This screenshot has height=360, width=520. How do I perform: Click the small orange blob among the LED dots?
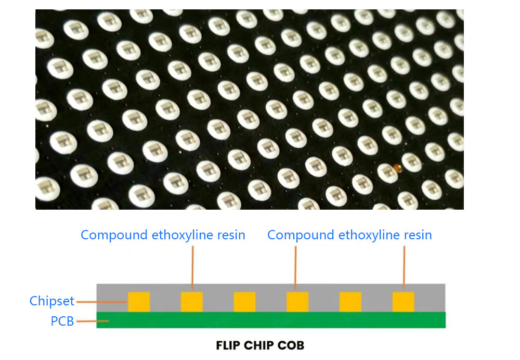398,168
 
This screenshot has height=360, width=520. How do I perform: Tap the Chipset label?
51,301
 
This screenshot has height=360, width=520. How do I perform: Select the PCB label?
62,322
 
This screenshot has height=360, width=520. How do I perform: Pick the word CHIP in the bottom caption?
262,345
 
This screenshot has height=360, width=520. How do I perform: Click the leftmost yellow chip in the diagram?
139,302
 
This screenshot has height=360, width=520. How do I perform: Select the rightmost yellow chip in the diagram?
403,302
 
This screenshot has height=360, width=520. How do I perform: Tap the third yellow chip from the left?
244,302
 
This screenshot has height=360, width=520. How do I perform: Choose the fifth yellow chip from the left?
350,302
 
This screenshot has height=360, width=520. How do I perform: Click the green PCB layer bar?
270,320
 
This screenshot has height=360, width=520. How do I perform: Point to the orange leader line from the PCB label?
92,322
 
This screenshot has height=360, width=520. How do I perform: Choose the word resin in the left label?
230,235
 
